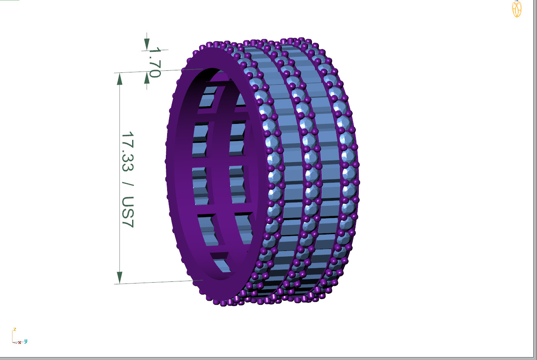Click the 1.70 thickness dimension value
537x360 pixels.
coord(154,62)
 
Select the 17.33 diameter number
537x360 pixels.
coord(128,152)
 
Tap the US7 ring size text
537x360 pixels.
coord(128,211)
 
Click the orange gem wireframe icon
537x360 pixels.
coord(517,9)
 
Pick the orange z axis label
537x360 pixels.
coord(14,329)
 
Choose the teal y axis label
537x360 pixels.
coord(26,341)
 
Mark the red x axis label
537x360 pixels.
coord(19,342)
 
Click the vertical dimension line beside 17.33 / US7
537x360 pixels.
coord(120,177)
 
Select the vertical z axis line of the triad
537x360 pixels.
coord(13,336)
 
